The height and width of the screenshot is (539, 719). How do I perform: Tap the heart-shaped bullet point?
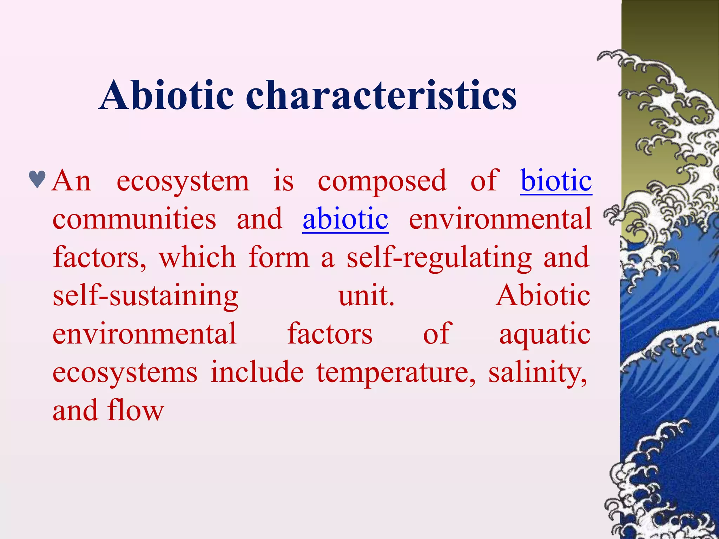pyautogui.click(x=37, y=179)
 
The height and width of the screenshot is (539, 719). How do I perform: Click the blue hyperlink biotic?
pyautogui.click(x=556, y=181)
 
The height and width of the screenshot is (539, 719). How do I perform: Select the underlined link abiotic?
pyautogui.click(x=345, y=219)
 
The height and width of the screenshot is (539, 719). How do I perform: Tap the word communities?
pyautogui.click(x=134, y=219)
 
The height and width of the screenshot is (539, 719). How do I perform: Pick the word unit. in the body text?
pyautogui.click(x=366, y=296)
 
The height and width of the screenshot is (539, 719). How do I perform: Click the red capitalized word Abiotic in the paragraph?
pyautogui.click(x=543, y=296)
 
